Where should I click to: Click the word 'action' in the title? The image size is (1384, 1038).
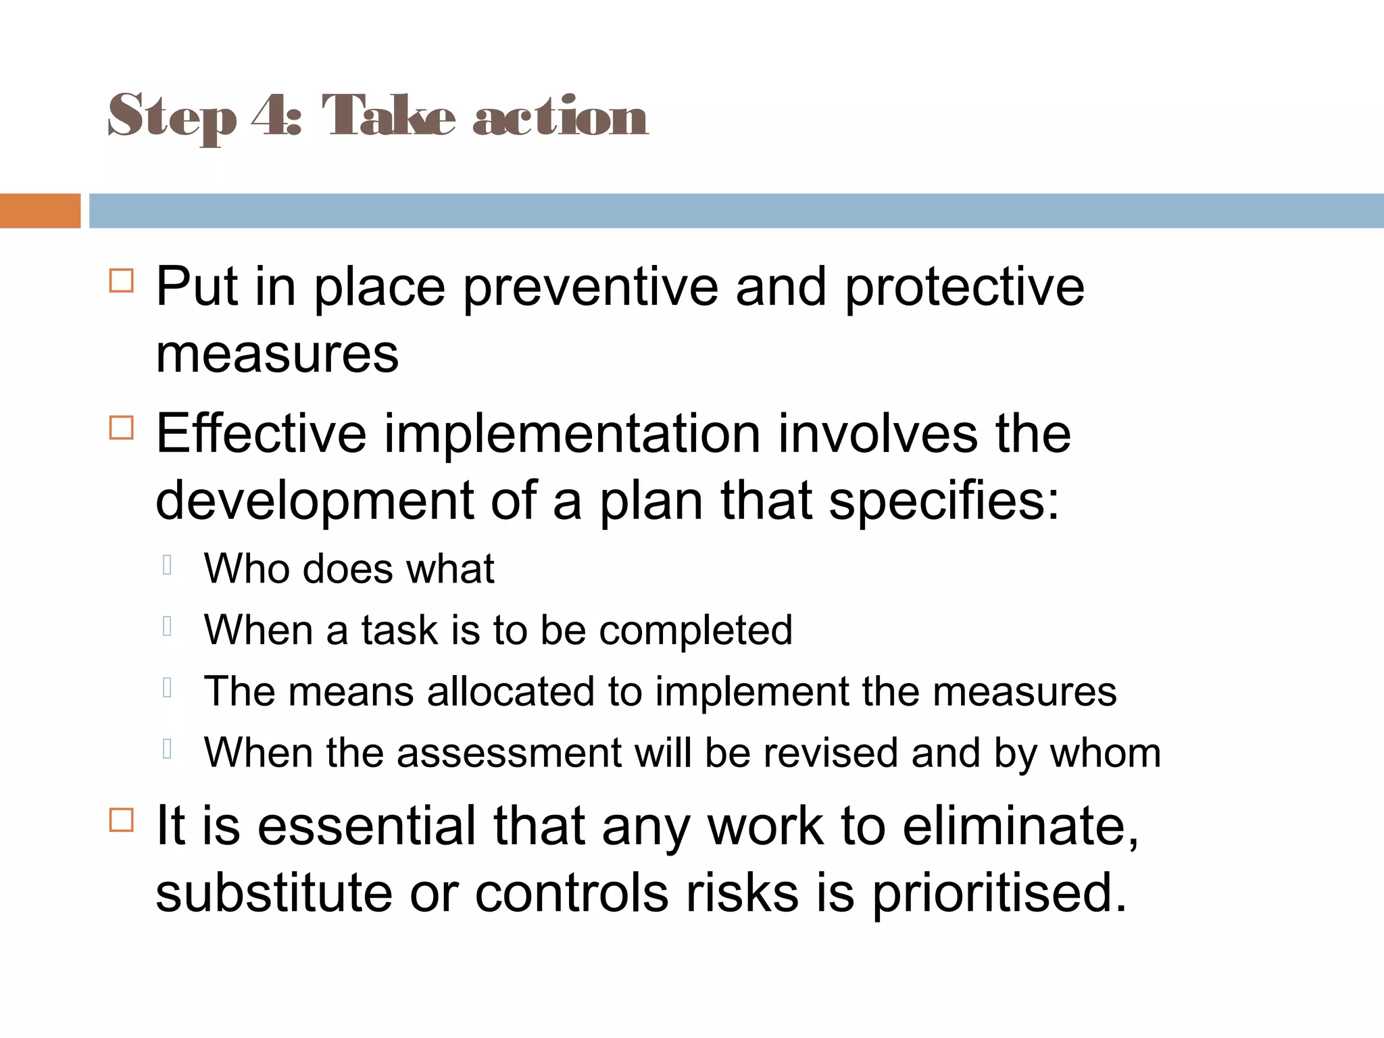(560, 116)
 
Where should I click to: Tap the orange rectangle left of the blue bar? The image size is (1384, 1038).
(40, 211)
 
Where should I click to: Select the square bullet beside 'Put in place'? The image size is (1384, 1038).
(122, 280)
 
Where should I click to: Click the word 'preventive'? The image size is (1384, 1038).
(590, 287)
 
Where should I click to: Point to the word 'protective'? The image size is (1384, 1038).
(964, 287)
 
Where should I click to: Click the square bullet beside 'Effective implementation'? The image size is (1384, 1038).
(122, 427)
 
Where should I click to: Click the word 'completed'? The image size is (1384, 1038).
(696, 630)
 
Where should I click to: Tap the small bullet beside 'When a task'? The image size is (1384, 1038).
(168, 626)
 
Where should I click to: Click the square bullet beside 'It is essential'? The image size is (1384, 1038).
(122, 820)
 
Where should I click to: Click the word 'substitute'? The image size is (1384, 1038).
(274, 893)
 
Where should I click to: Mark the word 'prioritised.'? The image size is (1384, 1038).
(999, 893)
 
